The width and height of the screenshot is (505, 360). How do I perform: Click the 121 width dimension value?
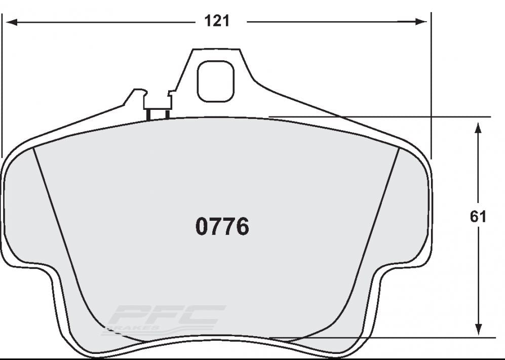pos(217,21)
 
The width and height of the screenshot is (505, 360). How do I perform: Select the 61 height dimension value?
pos(478,217)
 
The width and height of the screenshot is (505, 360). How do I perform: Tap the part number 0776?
pos(222,227)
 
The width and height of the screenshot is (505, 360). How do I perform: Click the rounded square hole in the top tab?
pos(216,81)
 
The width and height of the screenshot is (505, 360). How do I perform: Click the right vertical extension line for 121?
pos(431,86)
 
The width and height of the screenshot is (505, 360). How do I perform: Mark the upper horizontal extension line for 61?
pos(380,117)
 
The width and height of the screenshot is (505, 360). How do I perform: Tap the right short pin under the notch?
pos(167,114)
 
